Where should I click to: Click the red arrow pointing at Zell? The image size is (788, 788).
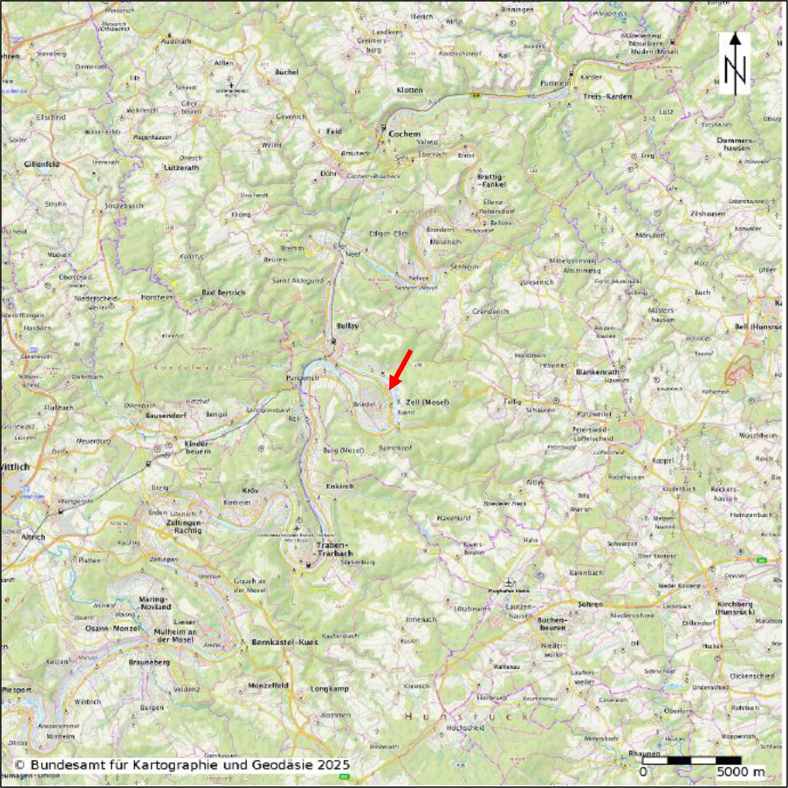tap(400, 370)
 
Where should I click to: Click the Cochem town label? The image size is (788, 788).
tap(404, 134)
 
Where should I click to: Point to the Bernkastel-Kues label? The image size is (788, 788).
tap(284, 642)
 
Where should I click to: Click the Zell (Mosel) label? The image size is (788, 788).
tap(427, 402)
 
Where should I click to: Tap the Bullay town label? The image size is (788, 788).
tap(348, 326)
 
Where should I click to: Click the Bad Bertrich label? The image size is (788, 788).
tap(223, 292)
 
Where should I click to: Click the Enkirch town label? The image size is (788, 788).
tap(340, 486)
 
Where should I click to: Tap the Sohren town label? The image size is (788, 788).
tap(590, 604)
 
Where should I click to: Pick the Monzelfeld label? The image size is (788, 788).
tap(268, 686)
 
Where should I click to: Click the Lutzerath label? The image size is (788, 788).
tap(181, 168)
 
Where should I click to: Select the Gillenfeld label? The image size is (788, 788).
tap(42, 165)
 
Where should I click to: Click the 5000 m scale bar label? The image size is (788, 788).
tap(741, 771)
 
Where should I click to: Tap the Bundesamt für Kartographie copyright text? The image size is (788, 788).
tap(182, 764)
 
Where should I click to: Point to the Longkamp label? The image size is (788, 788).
tap(329, 689)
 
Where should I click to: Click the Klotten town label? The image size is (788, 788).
tap(410, 90)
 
